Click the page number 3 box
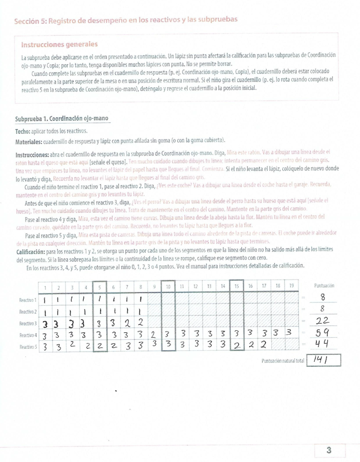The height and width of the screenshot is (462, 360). [x=329, y=448]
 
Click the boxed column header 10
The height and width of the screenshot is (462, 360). [x=168, y=287]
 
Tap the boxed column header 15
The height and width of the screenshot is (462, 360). [x=236, y=287]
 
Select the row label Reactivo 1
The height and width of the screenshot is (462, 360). [x=28, y=300]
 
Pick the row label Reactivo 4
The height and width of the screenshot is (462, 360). [x=28, y=335]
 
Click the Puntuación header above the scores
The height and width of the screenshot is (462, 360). [x=324, y=286]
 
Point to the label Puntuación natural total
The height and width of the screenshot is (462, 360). [x=283, y=361]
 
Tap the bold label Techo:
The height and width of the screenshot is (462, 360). [x=23, y=130]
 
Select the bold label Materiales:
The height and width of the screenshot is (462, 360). [x=31, y=140]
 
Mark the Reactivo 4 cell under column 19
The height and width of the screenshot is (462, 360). [x=289, y=333]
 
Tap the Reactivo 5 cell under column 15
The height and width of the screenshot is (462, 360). [x=236, y=345]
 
